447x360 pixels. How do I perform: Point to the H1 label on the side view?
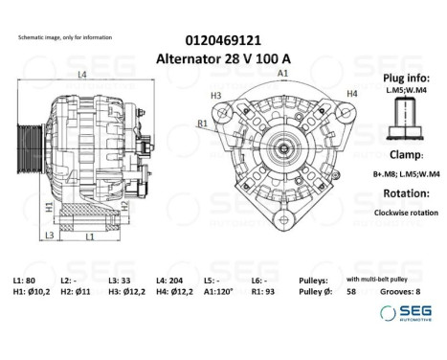(x=48, y=207)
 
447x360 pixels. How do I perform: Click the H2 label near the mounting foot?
(x=124, y=206)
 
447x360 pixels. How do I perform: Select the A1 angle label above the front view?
(x=282, y=74)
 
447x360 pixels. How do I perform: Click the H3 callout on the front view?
(x=215, y=96)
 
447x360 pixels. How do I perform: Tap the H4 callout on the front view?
(x=351, y=93)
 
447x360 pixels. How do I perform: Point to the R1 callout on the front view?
(x=203, y=124)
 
